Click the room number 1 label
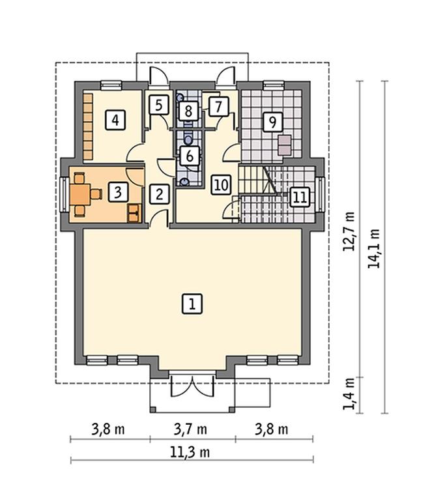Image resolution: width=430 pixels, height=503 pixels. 192,303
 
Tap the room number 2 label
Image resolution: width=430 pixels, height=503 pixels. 160,194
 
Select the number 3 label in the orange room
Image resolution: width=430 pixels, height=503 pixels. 118,192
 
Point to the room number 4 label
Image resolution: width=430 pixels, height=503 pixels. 115,120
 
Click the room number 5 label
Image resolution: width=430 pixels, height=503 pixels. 159,105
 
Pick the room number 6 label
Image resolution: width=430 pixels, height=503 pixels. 190,156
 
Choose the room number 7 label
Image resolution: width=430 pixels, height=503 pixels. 219,106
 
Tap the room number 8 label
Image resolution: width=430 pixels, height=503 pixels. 188,111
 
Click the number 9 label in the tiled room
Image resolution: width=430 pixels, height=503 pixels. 273,122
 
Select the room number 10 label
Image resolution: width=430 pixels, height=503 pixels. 222,185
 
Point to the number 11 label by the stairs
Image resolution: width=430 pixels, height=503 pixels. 300,197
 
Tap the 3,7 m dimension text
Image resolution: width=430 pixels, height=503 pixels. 190,429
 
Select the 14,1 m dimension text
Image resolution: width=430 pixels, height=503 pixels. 374,248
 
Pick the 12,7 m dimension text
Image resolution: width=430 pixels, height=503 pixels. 349,231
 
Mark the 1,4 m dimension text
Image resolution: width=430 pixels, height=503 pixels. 349,394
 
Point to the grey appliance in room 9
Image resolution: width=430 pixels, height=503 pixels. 285,145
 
